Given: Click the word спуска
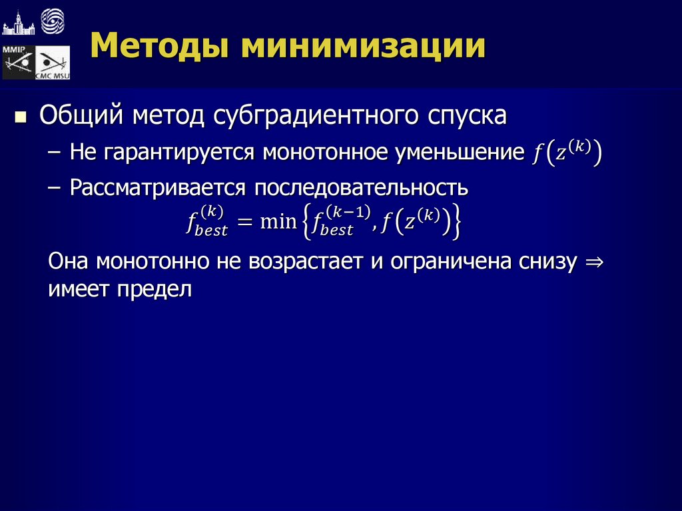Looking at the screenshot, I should pyautogui.click(x=463, y=117).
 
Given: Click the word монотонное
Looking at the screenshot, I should pyautogui.click(x=326, y=153).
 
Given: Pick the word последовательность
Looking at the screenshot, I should pyautogui.click(x=359, y=188).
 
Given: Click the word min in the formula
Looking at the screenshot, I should pyautogui.click(x=277, y=220).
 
